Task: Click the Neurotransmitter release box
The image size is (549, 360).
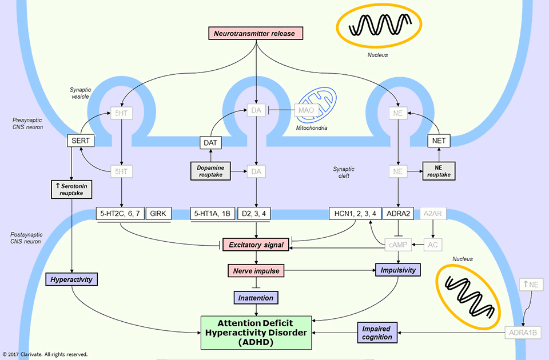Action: point(254,33)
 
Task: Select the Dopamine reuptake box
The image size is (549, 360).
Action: point(210,170)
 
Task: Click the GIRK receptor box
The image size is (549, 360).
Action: point(157,214)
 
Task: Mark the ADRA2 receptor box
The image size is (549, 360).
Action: point(399,214)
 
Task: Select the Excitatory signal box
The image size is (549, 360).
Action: point(256,245)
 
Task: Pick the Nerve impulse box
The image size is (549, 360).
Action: point(256,270)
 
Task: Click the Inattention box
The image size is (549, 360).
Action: point(256,297)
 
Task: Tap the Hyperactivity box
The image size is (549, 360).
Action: point(71,279)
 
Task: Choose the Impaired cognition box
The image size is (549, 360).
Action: point(377,333)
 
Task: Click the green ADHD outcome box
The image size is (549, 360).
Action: point(256,333)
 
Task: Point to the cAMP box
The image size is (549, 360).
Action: point(399,245)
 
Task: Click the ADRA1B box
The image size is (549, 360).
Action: point(522,333)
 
